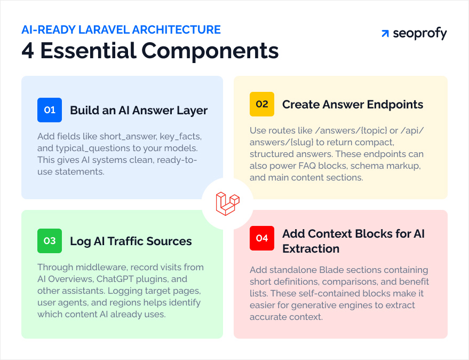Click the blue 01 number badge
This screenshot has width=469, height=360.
50,110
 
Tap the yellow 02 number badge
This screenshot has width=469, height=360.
261,104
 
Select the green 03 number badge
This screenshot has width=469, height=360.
50,241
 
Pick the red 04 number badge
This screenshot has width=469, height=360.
261,238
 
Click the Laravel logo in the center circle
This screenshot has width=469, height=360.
227,204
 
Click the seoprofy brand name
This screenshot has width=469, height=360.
419,34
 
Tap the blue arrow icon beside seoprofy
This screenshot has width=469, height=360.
385,34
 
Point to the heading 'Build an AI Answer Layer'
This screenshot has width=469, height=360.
139,111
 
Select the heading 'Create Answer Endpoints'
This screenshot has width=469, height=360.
353,105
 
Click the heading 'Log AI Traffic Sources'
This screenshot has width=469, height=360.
131,241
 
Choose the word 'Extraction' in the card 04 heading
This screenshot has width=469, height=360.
311,248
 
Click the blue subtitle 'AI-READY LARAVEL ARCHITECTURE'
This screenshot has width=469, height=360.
121,30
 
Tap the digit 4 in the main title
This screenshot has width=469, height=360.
28,51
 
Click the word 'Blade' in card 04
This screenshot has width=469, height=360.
335,270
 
